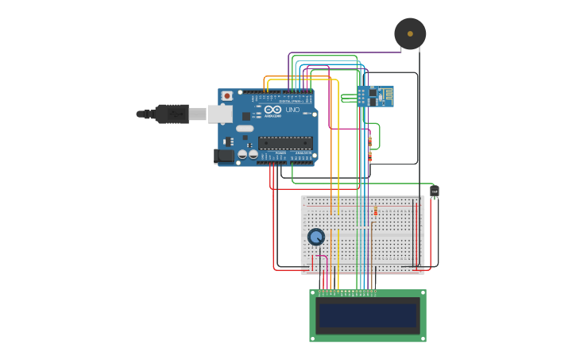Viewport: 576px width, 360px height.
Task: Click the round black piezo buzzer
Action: pyautogui.click(x=410, y=33)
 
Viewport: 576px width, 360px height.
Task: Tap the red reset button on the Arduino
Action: pyautogui.click(x=227, y=96)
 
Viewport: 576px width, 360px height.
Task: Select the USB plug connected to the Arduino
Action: pyautogui.click(x=171, y=114)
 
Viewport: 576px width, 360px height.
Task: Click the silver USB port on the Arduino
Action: pyautogui.click(x=220, y=114)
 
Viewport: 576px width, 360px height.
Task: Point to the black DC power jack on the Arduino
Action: pyautogui.click(x=225, y=156)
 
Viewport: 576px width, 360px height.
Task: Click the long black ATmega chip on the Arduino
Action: pyautogui.click(x=285, y=143)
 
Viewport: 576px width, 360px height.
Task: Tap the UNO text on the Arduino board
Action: pyautogui.click(x=292, y=110)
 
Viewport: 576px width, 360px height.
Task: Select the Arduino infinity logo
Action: pyautogui.click(x=273, y=110)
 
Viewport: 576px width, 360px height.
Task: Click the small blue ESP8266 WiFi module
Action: pyautogui.click(x=374, y=96)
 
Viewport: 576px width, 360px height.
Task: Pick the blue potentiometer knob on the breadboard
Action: pyautogui.click(x=316, y=237)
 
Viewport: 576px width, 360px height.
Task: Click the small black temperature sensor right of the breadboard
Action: pyautogui.click(x=434, y=192)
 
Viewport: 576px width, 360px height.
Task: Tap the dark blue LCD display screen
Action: pyautogui.click(x=367, y=315)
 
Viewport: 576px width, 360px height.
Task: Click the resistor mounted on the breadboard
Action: pyautogui.click(x=376, y=211)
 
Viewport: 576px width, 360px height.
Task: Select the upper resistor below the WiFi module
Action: pyautogui.click(x=369, y=141)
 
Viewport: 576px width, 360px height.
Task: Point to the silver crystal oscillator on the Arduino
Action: pyautogui.click(x=245, y=128)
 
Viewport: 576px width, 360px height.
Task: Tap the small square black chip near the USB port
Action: pyautogui.click(x=246, y=116)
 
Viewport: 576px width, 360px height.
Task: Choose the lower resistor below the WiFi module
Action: pyautogui.click(x=369, y=157)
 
